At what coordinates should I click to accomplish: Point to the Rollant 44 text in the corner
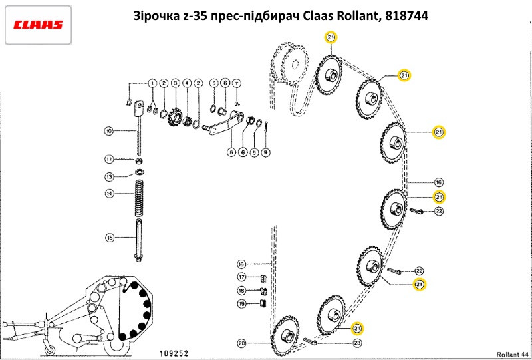pyautogui.click(x=512, y=353)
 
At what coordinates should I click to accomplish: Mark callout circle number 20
pyautogui.click(x=241, y=343)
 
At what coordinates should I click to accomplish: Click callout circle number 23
pyautogui.click(x=357, y=343)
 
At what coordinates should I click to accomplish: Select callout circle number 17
pyautogui.click(x=241, y=277)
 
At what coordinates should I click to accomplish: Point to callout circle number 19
pyautogui.click(x=241, y=304)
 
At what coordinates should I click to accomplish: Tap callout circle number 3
pyautogui.click(x=176, y=83)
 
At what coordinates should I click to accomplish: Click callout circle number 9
pyautogui.click(x=265, y=152)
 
